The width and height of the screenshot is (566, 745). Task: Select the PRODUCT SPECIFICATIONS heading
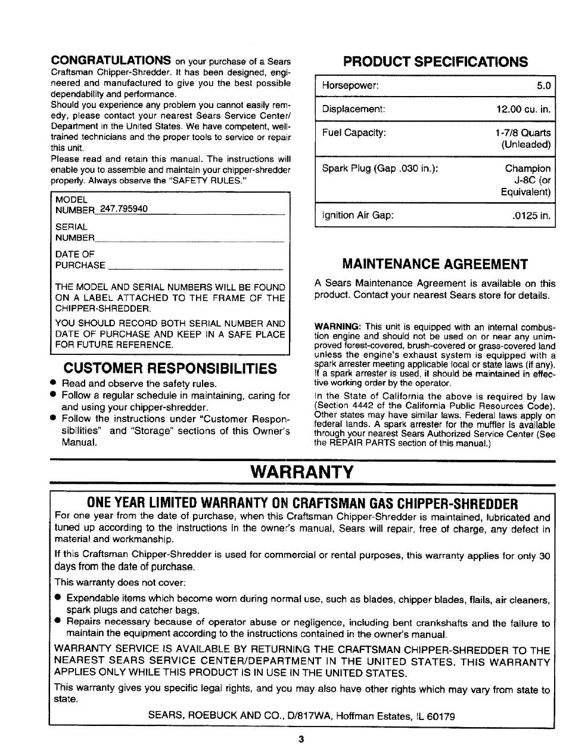(x=435, y=61)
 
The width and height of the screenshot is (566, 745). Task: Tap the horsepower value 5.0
(x=543, y=86)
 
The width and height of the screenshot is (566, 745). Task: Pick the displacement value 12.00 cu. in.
(x=523, y=109)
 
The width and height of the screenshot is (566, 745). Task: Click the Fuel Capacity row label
(x=354, y=132)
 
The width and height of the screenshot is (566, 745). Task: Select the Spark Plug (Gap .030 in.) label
(x=380, y=168)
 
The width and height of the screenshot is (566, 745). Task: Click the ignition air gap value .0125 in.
(x=531, y=215)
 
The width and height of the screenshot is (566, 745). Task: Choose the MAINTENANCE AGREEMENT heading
(x=435, y=264)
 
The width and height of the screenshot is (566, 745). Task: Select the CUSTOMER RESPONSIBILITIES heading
(x=170, y=367)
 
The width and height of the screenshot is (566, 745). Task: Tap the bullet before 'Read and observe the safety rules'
(x=54, y=383)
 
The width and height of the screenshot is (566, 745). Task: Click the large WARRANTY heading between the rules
(x=302, y=472)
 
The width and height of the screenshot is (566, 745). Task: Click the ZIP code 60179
(x=442, y=716)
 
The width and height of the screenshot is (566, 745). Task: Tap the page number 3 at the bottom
(x=301, y=738)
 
